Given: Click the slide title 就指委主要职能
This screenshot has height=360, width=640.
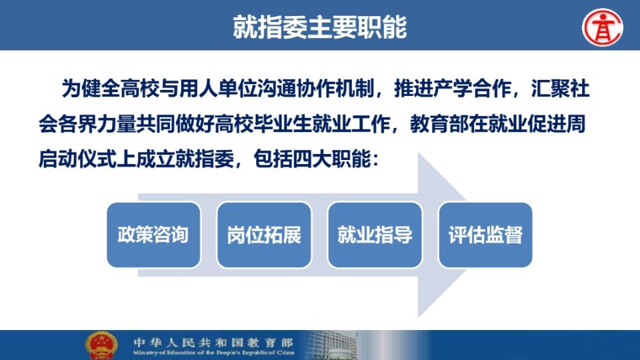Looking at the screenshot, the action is [x=319, y=27].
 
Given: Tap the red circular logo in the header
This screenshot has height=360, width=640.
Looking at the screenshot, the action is [x=603, y=27].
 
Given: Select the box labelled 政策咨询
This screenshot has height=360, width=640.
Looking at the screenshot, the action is [x=153, y=235].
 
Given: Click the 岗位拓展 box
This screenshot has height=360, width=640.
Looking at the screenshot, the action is [x=264, y=235].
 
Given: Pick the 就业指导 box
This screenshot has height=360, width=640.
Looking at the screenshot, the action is [x=375, y=235].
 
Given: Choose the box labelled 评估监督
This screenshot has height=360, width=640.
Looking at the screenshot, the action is [x=485, y=235].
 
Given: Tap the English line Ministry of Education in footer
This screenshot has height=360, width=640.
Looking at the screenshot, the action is [x=213, y=353].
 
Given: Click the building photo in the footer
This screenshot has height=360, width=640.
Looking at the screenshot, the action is [x=331, y=345].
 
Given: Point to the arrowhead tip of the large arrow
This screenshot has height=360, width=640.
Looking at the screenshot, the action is [x=467, y=235].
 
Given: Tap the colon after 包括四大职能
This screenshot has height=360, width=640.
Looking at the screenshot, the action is [x=376, y=159].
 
